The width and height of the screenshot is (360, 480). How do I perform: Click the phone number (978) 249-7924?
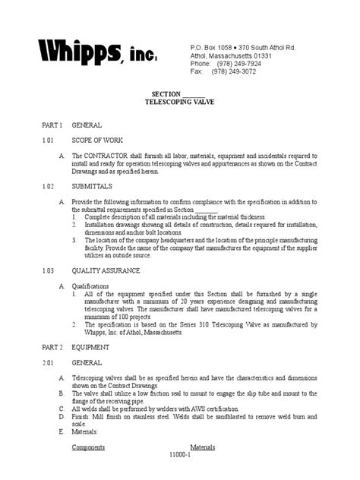[x=239, y=64]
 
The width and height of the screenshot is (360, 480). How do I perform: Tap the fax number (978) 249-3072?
[x=239, y=72]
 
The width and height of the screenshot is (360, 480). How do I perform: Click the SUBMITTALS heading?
[x=92, y=185]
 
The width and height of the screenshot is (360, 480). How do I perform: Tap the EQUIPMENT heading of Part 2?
[x=90, y=347]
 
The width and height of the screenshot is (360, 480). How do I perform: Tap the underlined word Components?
[x=87, y=447]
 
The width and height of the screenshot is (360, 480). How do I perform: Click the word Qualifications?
[x=90, y=286]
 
